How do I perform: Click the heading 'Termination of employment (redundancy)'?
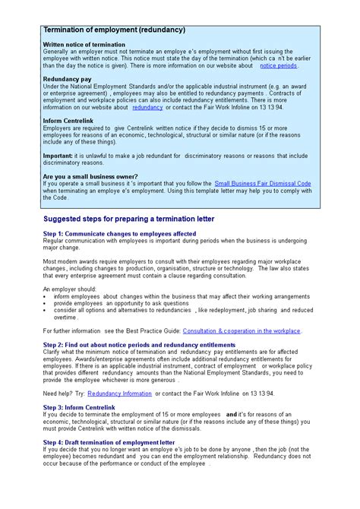[x=114, y=30]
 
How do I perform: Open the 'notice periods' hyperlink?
[x=278, y=66]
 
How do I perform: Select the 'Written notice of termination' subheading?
[x=84, y=45]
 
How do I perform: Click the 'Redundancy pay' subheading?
[x=68, y=79]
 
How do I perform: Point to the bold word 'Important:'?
[x=58, y=156]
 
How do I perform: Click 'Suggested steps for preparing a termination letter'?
[x=128, y=219]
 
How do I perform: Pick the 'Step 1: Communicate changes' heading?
[x=119, y=233]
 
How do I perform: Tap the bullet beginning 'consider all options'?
[x=182, y=310]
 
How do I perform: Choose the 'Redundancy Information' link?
[x=119, y=394]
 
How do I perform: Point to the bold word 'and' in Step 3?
[x=232, y=415]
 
